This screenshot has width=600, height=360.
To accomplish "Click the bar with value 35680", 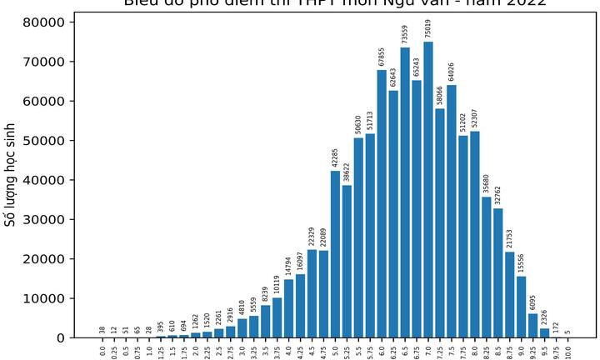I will coord(487,267).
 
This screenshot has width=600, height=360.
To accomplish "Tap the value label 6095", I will coord(533,301).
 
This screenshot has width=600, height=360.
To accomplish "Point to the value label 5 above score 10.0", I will coord(568,331).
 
